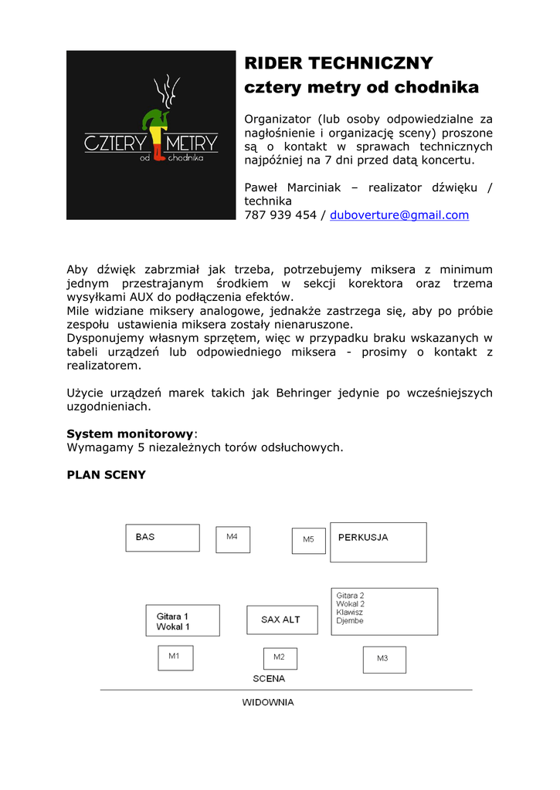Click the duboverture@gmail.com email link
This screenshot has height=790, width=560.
[x=399, y=215]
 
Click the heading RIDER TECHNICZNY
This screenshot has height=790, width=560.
[x=338, y=62]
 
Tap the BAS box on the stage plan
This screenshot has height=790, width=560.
[x=162, y=538]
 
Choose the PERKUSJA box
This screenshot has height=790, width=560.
[x=378, y=542]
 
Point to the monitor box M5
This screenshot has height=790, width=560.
[x=308, y=540]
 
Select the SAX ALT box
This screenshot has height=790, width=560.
[x=282, y=620]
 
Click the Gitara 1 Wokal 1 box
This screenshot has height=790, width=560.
[x=182, y=620]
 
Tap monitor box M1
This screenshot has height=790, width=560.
[x=175, y=657]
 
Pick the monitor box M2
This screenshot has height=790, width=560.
[x=280, y=658]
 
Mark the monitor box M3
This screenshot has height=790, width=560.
[x=384, y=660]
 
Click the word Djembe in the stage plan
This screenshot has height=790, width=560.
[x=350, y=621]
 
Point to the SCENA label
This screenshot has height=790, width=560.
[x=269, y=679]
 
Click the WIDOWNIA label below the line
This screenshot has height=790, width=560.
[x=268, y=703]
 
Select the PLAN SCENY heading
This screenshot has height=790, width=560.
[x=107, y=474]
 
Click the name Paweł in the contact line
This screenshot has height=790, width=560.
[x=262, y=187]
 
